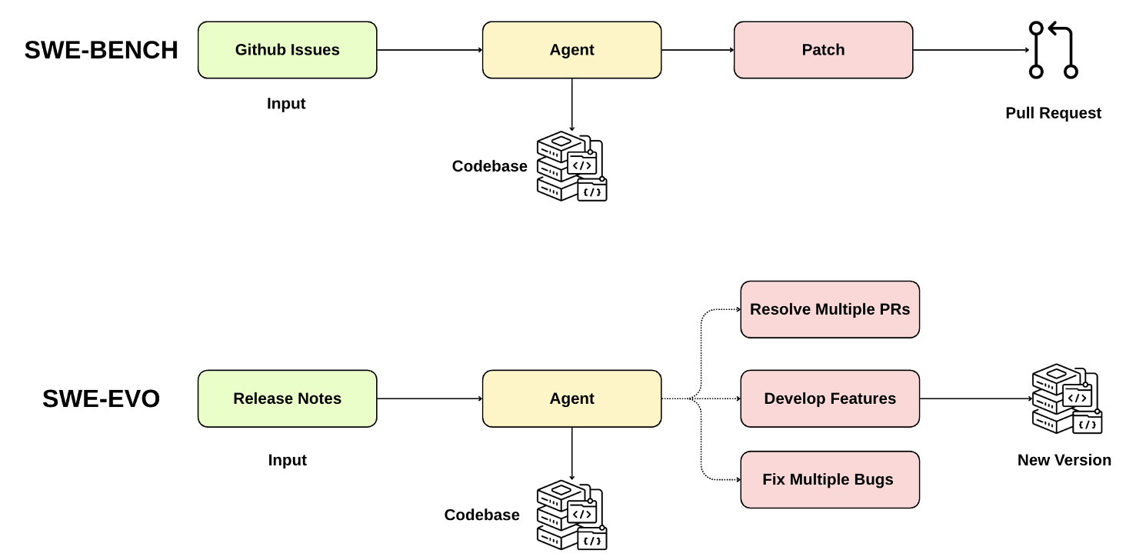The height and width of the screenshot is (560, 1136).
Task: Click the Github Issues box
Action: click(287, 50)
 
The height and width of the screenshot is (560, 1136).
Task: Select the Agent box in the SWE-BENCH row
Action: click(571, 50)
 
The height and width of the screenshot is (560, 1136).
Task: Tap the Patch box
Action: click(823, 50)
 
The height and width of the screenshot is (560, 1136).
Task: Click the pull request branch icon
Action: click(1053, 51)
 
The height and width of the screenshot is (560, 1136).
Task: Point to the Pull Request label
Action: click(1053, 113)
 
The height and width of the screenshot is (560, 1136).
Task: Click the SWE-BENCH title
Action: click(101, 50)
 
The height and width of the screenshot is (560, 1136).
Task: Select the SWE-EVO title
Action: click(101, 398)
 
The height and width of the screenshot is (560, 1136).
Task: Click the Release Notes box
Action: click(287, 398)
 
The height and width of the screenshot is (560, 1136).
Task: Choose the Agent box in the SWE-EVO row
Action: click(571, 398)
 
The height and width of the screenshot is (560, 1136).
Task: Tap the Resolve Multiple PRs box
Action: click(830, 309)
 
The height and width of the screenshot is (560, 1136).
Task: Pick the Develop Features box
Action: click(830, 398)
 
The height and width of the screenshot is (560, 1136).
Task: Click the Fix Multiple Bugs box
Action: click(830, 479)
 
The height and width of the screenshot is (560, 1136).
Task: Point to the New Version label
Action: click(1064, 460)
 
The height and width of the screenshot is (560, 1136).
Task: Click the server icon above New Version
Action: click(1066, 398)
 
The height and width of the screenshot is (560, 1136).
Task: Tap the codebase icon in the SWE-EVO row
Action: click(571, 515)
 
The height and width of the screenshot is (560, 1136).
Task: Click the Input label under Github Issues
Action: click(286, 104)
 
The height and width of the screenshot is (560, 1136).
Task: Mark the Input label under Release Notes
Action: click(287, 460)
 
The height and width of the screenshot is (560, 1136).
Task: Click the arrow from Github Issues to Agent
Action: click(429, 50)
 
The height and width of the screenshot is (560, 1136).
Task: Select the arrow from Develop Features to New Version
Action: click(975, 398)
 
